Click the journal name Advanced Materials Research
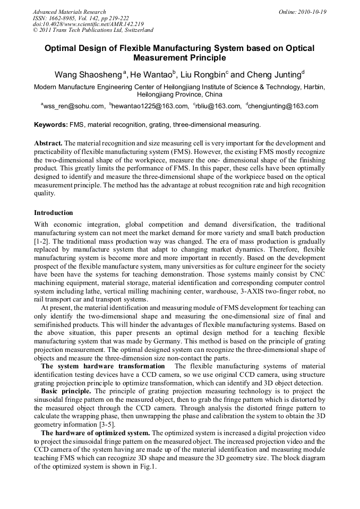[69, 12]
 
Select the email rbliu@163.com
[218, 106]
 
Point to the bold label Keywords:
[50, 125]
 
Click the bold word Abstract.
[48, 144]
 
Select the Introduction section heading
[54, 213]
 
